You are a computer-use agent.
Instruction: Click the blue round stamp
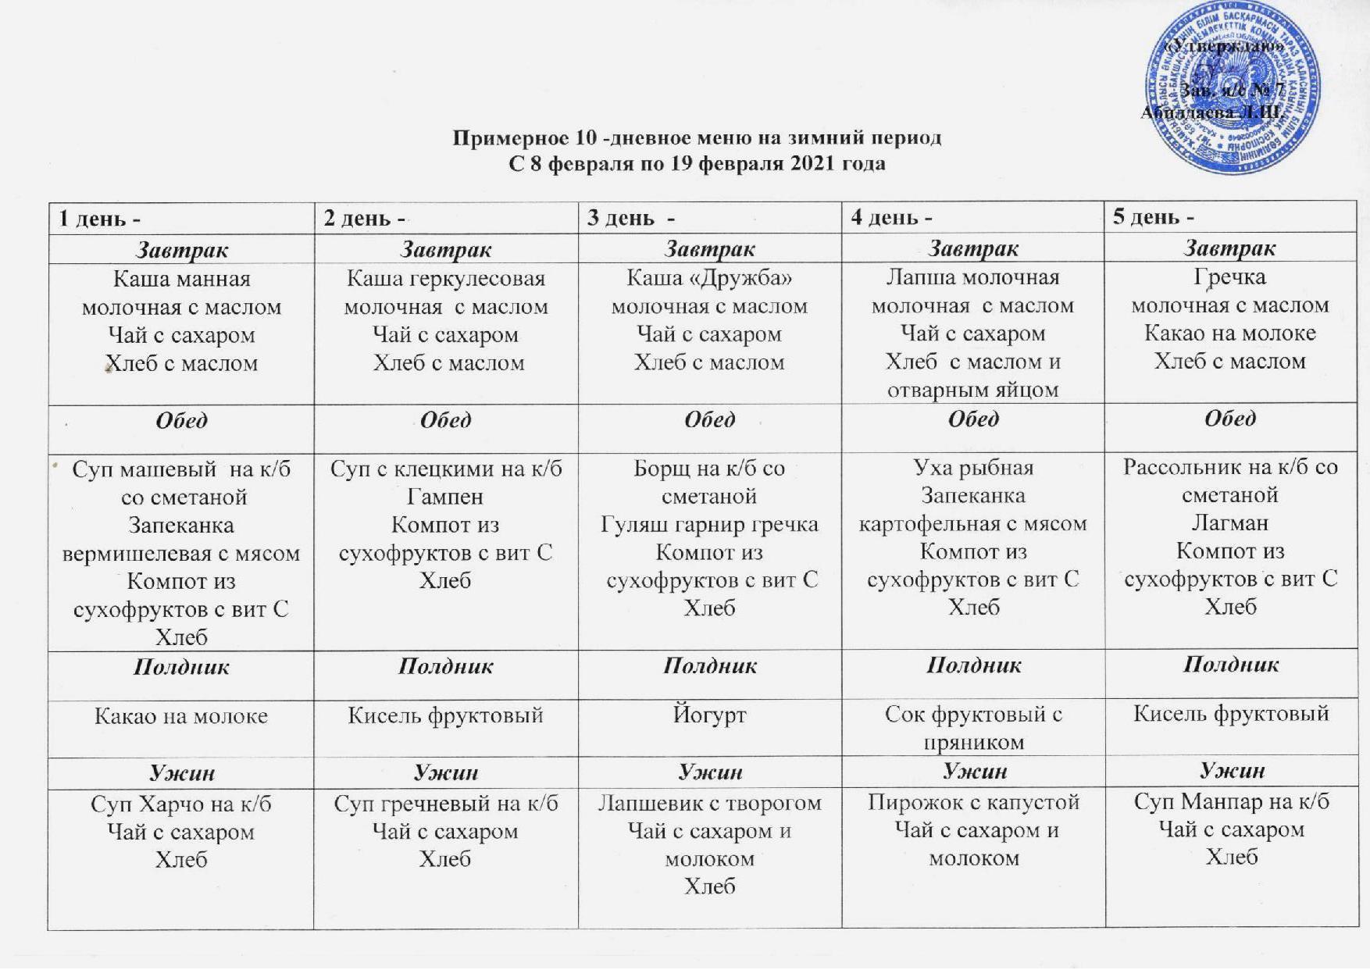point(1232,87)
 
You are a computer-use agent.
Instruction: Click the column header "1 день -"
point(100,218)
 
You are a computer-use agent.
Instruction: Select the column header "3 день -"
point(631,217)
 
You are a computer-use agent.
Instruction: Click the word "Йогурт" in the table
point(709,715)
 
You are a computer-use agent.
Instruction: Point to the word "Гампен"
point(445,497)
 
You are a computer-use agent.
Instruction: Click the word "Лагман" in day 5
point(1229,522)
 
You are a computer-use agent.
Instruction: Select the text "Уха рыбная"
point(973,467)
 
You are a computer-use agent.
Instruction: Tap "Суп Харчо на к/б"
point(181,804)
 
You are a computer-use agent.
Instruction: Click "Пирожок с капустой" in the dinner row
point(973,802)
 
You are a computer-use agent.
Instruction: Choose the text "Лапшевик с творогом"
point(709,803)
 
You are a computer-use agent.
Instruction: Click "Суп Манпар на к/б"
point(1231,801)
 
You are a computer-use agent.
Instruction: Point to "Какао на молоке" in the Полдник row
point(181,715)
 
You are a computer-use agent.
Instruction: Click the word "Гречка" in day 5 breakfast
point(1229,276)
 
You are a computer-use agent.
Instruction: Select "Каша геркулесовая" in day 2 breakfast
point(445,278)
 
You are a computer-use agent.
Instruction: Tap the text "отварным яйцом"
point(973,390)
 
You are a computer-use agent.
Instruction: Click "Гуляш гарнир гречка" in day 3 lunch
point(709,524)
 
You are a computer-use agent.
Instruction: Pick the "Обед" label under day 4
point(973,419)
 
